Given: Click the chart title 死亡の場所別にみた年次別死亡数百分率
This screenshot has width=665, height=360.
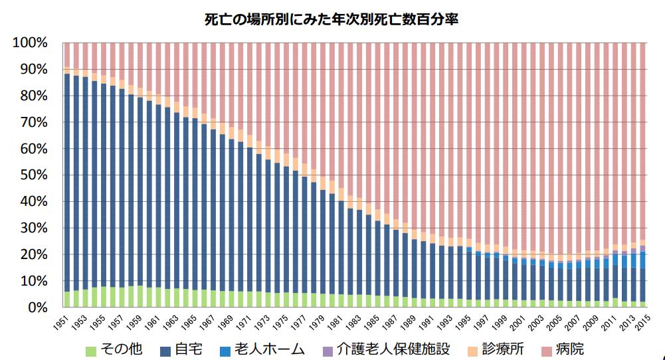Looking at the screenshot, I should point(332,20).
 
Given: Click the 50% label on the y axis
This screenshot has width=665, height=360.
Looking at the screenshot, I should point(33,175).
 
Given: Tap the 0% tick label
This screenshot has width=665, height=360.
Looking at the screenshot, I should point(37,308).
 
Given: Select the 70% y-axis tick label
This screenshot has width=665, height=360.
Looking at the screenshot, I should point(33,122).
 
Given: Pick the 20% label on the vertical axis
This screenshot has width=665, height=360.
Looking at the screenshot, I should point(33,254).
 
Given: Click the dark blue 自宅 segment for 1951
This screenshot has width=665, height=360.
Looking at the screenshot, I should point(67,179).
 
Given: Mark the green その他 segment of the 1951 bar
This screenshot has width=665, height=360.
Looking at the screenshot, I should point(67,300).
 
